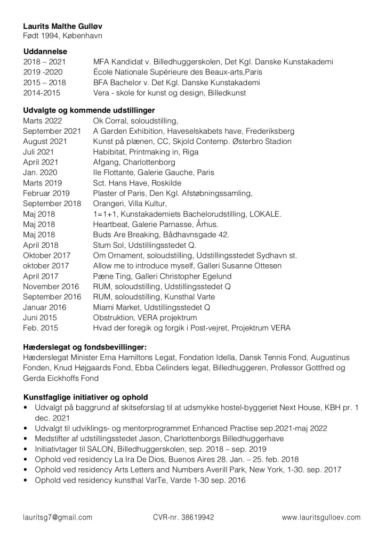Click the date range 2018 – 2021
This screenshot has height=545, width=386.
(x=43, y=62)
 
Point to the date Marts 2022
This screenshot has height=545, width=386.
(x=43, y=121)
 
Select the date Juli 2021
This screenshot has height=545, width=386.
(x=39, y=151)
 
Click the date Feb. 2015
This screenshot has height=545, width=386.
(x=41, y=328)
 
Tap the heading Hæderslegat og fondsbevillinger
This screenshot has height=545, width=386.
(x=85, y=347)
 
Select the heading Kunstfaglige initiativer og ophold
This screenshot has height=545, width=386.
(x=86, y=397)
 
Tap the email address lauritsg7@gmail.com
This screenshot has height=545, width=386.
(x=58, y=517)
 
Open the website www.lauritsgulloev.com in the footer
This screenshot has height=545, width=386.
(x=321, y=517)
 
